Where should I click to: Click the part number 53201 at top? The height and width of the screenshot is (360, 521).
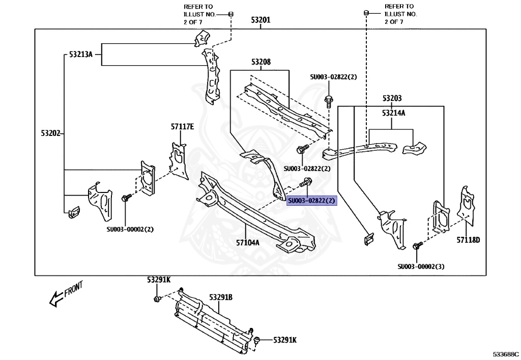click(260, 20)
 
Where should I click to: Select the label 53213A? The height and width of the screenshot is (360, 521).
click(81, 54)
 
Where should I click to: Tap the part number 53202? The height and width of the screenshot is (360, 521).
click(51, 133)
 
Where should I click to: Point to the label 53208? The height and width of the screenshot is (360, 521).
click(261, 62)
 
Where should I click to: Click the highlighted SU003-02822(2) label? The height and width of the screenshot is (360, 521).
click(312, 201)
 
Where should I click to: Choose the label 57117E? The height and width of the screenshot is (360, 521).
click(183, 127)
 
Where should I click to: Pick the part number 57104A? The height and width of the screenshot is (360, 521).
click(248, 243)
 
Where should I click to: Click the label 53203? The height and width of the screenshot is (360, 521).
click(392, 98)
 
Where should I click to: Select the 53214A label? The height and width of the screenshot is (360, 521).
click(394, 113)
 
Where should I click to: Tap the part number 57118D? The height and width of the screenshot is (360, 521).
click(468, 240)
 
